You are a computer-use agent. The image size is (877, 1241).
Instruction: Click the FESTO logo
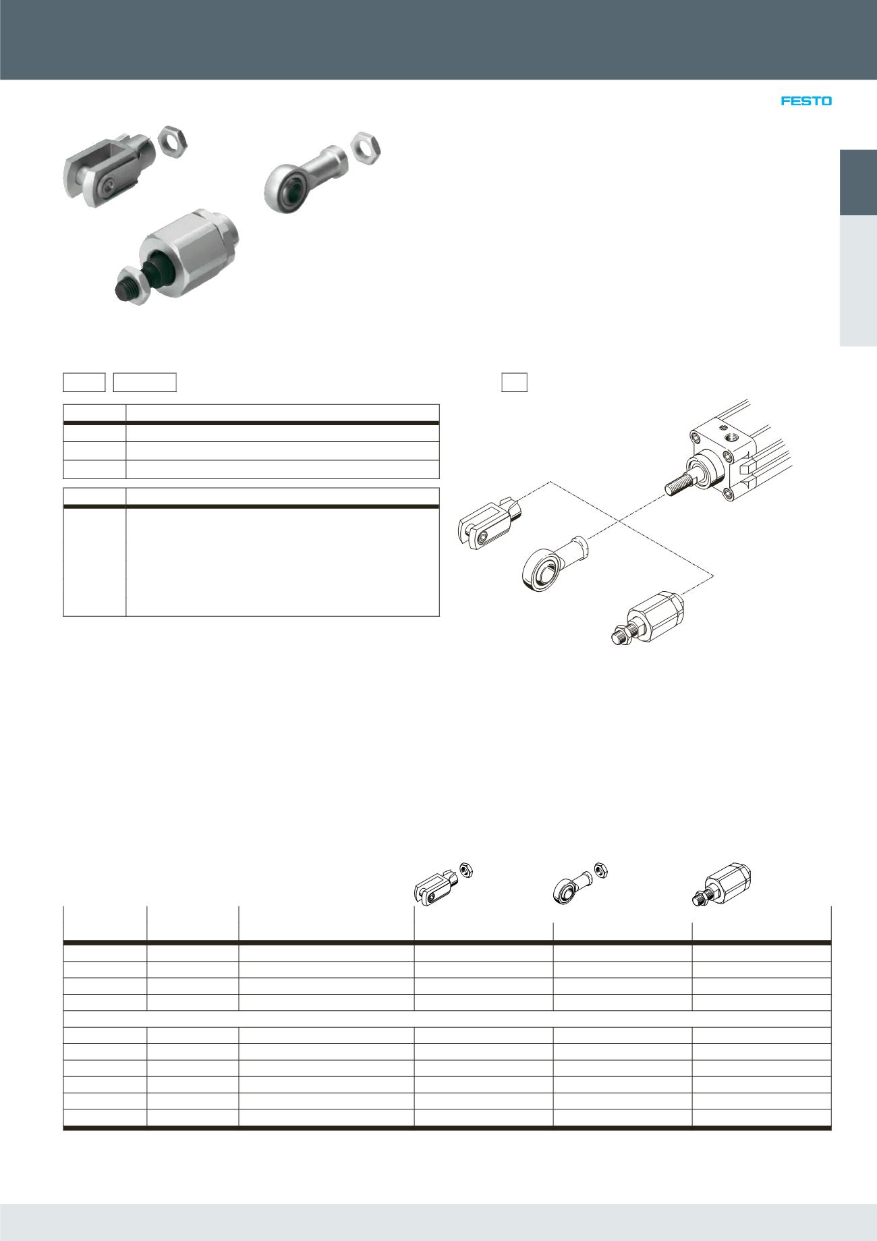(806, 101)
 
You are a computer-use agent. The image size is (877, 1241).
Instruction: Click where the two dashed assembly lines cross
(619, 521)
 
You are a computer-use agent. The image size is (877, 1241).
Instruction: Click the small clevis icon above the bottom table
(438, 885)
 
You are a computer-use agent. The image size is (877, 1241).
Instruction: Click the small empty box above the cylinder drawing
(514, 382)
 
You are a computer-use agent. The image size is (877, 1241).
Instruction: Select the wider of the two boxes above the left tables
(144, 382)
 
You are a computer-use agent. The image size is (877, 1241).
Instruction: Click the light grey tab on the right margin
(857, 281)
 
